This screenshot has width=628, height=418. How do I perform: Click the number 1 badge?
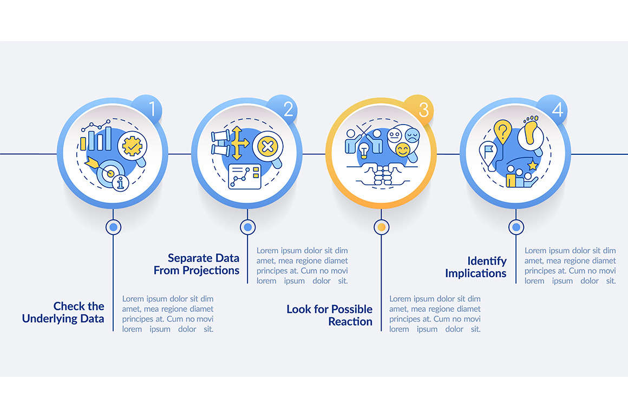148,109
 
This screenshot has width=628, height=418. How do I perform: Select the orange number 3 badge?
418,109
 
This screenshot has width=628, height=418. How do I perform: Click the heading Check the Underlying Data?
63,312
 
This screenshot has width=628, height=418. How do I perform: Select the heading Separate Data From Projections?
197,264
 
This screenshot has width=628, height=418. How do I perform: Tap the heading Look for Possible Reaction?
330,315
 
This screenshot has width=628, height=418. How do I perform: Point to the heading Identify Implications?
476,267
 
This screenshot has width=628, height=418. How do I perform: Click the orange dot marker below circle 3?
381,227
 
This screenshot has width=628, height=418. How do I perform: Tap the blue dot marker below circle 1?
113,227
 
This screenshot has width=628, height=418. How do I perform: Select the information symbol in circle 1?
121,183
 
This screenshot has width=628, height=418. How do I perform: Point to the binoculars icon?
221,143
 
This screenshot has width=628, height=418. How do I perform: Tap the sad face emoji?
412,135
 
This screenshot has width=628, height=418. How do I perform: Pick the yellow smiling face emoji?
402,150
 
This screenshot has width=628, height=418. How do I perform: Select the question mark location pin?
502,132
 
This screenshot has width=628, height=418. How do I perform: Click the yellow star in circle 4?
532,165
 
